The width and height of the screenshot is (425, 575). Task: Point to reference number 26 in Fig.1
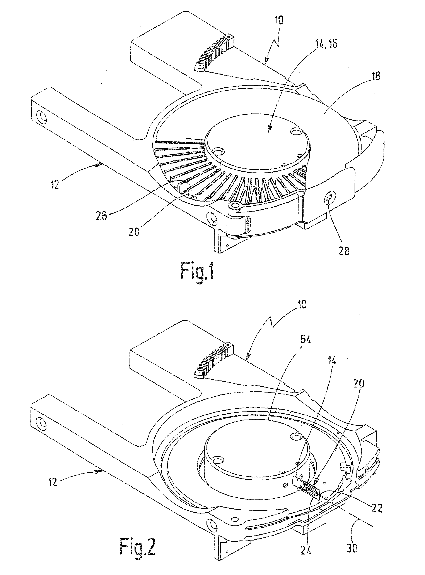(x=101, y=215)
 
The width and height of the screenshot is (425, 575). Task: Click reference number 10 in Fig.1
(x=279, y=20)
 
